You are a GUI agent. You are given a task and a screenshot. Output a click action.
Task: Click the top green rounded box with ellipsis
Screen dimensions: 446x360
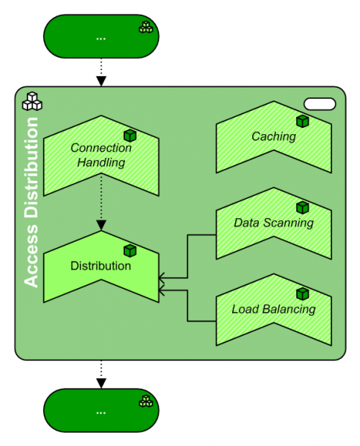(x=101, y=36)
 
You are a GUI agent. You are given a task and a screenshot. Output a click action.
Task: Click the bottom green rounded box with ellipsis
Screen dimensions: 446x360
(x=101, y=410)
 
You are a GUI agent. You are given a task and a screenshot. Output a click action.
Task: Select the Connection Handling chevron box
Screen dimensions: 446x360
(x=101, y=156)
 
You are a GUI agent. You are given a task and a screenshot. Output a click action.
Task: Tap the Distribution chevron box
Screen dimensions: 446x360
(x=101, y=266)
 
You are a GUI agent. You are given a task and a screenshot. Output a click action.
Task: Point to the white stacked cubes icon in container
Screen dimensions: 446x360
(x=32, y=102)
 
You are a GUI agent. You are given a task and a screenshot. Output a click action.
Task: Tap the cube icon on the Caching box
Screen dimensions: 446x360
(x=302, y=121)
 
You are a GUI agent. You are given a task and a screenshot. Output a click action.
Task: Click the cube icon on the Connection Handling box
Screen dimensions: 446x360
(x=130, y=136)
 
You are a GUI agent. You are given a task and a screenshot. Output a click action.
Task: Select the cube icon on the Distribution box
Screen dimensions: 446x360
(x=130, y=251)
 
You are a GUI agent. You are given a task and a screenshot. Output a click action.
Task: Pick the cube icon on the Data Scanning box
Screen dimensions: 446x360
(x=302, y=208)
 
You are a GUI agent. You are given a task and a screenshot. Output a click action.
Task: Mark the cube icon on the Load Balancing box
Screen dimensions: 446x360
(x=302, y=294)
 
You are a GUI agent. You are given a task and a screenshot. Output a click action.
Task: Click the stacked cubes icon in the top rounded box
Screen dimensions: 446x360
(x=145, y=28)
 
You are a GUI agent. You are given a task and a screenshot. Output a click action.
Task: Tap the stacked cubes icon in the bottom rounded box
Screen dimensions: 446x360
(x=145, y=401)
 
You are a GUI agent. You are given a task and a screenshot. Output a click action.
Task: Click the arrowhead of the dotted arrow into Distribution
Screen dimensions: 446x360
(x=101, y=224)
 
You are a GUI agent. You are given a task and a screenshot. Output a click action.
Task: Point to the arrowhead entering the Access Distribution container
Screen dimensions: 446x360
(x=101, y=80)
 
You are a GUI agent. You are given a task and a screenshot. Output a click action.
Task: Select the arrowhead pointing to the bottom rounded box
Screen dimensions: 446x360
(x=101, y=383)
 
